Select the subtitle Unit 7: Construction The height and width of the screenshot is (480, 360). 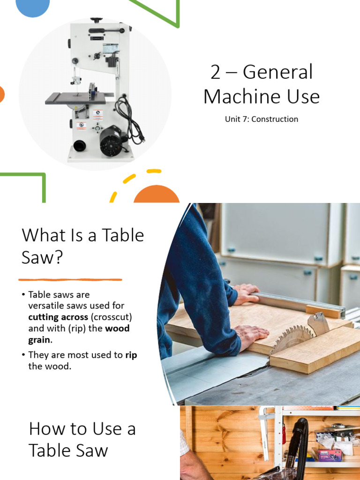[x=261, y=119]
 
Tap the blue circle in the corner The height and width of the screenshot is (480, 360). [x=32, y=7]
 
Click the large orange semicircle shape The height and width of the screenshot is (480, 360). [x=157, y=194]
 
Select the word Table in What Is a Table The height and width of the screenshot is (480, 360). [x=122, y=235]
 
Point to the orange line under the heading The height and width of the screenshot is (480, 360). [x=70, y=280]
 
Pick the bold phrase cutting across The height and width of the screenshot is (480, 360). [x=58, y=317]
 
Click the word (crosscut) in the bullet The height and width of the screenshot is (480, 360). [x=112, y=317]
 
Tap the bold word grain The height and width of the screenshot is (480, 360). [x=39, y=339]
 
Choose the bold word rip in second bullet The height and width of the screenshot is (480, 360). [x=131, y=355]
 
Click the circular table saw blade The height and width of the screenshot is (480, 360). [x=292, y=337]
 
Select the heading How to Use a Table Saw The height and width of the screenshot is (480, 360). [x=82, y=440]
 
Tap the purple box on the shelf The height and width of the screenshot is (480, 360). [x=330, y=454]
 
